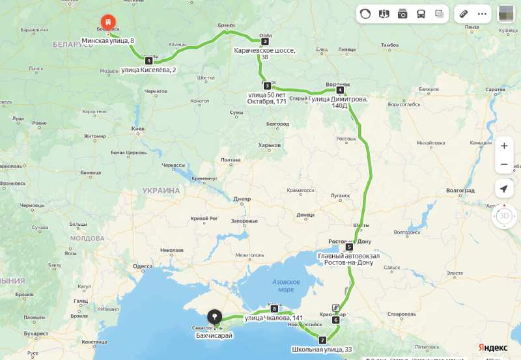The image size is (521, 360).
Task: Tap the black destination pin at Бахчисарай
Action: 214,317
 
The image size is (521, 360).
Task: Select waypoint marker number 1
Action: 148,61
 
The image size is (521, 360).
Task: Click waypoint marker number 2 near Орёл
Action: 265,41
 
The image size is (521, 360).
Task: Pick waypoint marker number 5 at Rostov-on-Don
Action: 349,247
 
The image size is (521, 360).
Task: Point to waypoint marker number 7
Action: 322,340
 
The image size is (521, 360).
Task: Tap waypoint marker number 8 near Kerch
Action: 274,309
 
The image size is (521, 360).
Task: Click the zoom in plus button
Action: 503,146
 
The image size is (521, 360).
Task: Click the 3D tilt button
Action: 503,215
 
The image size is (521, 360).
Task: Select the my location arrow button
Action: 503,189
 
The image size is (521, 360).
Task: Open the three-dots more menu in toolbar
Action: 482,14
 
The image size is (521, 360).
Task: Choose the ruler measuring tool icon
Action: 464,14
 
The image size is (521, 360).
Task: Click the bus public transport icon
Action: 421,14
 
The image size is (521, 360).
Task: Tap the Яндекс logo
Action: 493,347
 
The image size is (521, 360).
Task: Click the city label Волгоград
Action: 460,191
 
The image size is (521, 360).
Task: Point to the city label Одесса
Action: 142,266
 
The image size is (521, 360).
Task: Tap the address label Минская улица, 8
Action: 108,41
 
